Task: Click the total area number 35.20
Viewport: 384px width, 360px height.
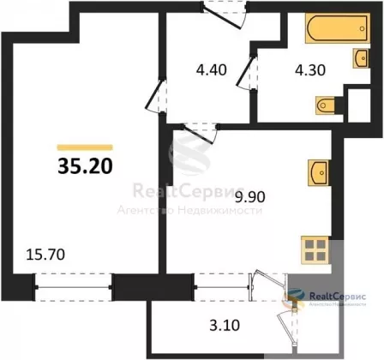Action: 85,166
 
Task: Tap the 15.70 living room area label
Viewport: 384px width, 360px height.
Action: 45,255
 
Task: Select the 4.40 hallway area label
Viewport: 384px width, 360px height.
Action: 212,69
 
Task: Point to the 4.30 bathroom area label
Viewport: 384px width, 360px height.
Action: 310,70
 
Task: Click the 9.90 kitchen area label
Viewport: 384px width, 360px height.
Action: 249,197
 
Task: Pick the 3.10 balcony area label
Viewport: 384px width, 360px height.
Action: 225,325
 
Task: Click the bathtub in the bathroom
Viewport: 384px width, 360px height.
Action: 338,28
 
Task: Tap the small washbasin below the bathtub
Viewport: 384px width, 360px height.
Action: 361,58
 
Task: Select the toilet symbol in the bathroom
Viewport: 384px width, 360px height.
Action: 326,105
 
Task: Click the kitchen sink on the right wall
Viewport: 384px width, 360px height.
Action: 318,173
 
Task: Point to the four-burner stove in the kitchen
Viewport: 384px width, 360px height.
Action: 315,250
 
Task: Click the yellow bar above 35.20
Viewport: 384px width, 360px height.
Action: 85,147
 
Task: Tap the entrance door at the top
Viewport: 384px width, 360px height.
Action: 225,15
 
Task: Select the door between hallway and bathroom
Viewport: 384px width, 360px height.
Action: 247,72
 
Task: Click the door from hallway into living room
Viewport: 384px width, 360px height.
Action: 156,96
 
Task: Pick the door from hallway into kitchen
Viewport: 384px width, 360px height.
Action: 201,133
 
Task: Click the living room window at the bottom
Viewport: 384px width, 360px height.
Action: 73,287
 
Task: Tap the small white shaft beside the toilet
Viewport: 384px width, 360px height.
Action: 359,105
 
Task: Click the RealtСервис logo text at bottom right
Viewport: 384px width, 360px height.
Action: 338,297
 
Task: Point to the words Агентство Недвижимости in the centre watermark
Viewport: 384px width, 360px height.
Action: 189,211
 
